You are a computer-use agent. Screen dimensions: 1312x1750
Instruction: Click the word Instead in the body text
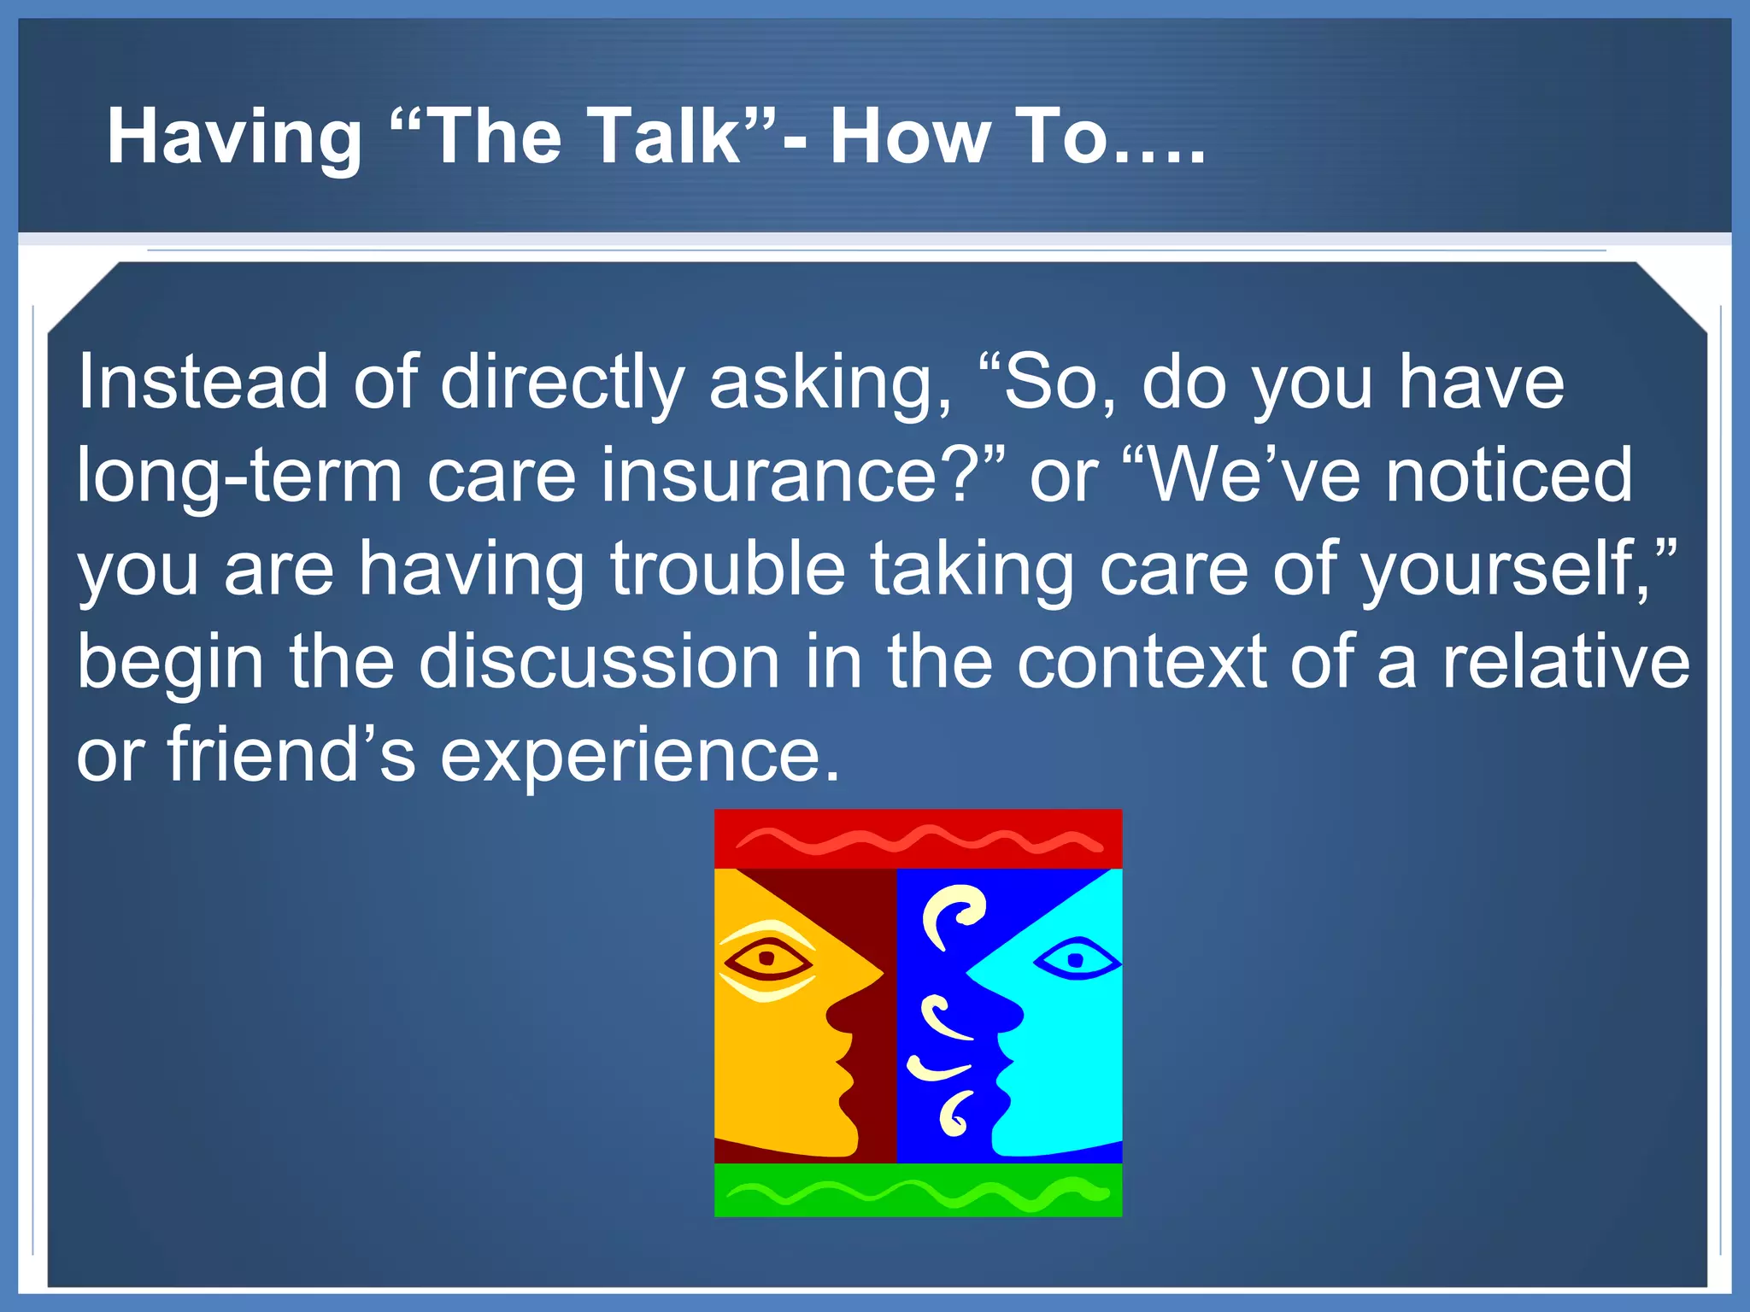tap(203, 382)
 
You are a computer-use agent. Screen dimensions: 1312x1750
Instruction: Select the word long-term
tap(239, 477)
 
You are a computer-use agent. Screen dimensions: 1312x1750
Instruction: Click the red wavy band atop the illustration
tap(918, 839)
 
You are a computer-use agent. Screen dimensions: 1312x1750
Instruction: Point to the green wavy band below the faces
tap(918, 1190)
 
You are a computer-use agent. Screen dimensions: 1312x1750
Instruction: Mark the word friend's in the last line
tap(291, 754)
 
